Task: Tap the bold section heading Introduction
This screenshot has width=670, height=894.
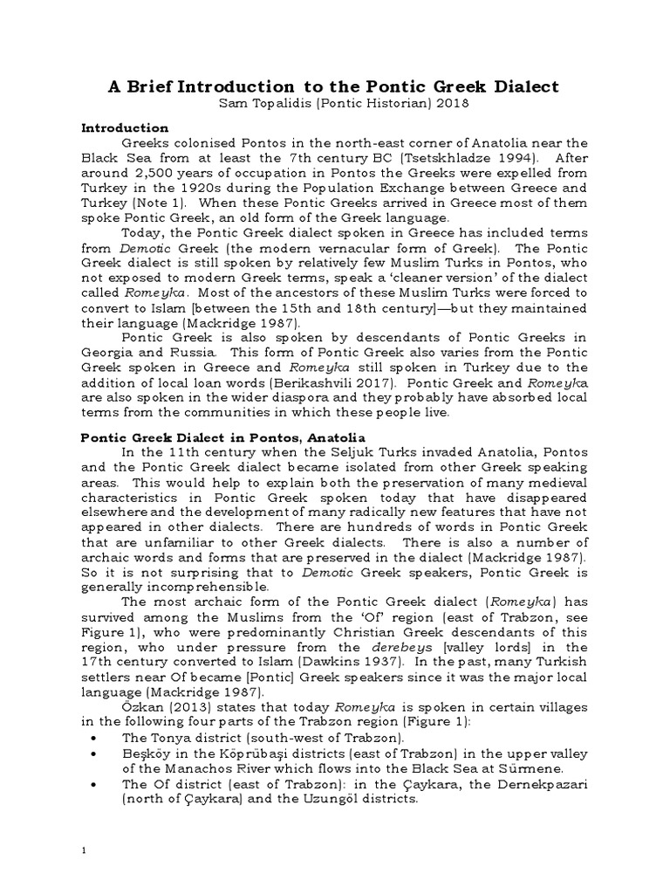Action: [125, 127]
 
